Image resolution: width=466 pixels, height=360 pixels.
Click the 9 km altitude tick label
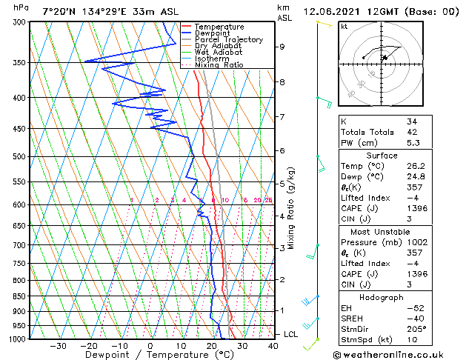282,47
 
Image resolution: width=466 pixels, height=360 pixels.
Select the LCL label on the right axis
291,335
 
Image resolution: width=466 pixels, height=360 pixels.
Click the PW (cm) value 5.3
412,143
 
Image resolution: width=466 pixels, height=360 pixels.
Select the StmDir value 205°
416,328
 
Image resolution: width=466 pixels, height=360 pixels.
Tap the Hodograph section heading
382,296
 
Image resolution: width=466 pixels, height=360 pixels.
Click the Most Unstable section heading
382,232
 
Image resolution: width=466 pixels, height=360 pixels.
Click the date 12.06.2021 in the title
349,11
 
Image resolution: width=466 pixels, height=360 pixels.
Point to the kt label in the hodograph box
344,27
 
